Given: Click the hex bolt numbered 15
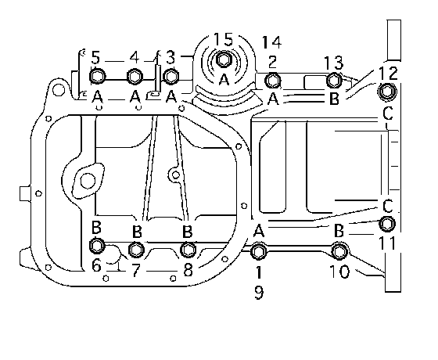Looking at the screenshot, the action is [223, 59].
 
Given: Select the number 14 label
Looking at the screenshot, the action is [271, 42].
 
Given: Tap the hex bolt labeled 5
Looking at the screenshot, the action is [98, 76].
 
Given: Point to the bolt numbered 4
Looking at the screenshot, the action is [135, 76].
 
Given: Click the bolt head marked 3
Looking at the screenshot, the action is [171, 76].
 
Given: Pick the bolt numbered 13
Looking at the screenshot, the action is [334, 80].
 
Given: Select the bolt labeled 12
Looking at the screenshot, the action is [387, 91].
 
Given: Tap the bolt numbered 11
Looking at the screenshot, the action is [387, 224].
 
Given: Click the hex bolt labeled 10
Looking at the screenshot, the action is [339, 251].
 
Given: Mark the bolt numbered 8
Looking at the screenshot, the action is [188, 250].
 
